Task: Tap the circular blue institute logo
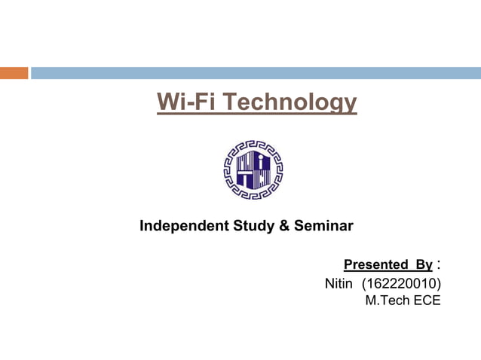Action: [253, 169]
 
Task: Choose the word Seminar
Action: [322, 225]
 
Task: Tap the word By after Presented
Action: [423, 264]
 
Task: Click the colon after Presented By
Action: [440, 265]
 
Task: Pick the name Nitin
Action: [339, 284]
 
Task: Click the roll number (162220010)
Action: [401, 284]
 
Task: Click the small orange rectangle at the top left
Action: [14, 73]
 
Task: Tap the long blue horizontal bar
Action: [256, 73]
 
